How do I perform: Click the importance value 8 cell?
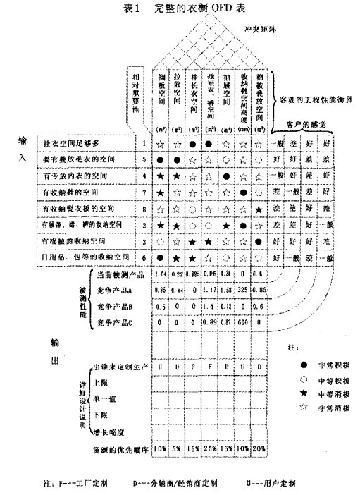(x=144, y=209)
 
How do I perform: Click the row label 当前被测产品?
(x=113, y=274)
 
